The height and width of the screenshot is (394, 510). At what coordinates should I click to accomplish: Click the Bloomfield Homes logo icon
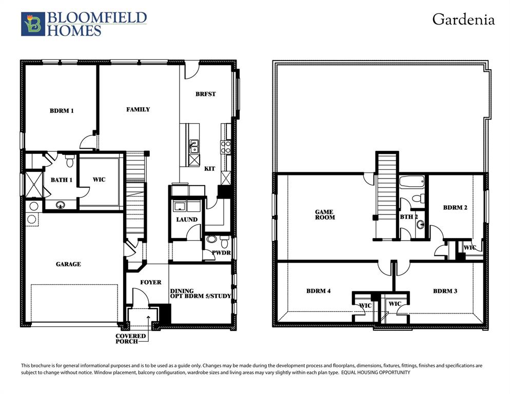(33, 24)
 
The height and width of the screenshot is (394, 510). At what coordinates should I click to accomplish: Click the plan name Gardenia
(463, 19)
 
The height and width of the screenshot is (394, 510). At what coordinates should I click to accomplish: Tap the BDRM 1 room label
(62, 110)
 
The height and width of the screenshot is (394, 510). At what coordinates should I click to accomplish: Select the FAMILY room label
(138, 109)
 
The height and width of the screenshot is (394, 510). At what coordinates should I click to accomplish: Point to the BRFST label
(205, 94)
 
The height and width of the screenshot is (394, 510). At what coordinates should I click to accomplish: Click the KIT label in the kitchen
(209, 168)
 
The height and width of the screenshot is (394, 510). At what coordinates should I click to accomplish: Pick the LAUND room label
(187, 220)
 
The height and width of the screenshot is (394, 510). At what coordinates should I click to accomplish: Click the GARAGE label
(68, 264)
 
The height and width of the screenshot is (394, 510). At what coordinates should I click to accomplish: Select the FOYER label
(151, 282)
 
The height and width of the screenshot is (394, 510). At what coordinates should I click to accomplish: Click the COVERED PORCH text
(130, 339)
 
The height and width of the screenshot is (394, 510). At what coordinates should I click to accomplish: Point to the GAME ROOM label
(324, 214)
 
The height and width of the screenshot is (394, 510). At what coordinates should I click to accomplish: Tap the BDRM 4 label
(318, 291)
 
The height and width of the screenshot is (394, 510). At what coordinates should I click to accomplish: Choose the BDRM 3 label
(445, 291)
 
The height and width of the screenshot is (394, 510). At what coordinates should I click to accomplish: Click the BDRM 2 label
(455, 207)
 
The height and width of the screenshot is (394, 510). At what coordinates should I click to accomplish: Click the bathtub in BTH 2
(411, 182)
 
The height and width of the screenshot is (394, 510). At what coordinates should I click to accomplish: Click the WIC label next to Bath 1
(99, 180)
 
